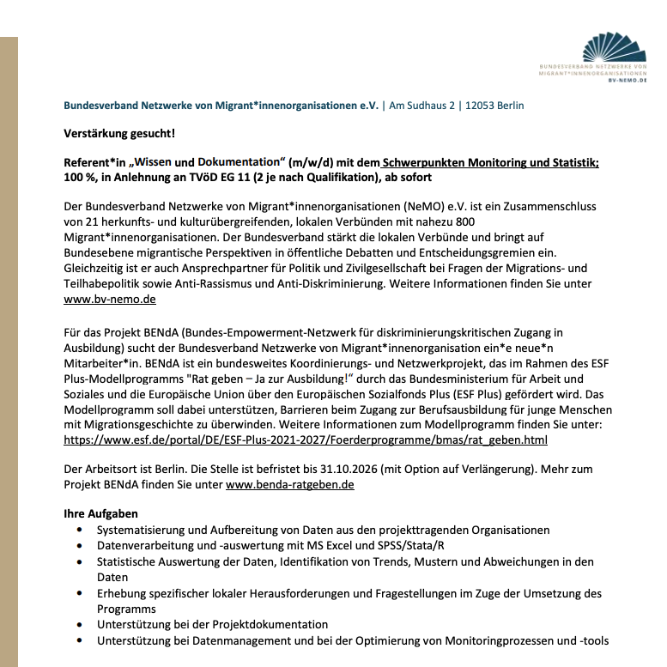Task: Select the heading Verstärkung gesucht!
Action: [x=119, y=133]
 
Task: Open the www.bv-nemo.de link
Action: [x=109, y=300]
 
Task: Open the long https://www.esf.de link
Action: [x=305, y=439]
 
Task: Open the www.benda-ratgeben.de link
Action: [x=290, y=485]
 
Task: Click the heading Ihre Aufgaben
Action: [x=100, y=514]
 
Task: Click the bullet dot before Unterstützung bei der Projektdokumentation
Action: [x=80, y=625]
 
